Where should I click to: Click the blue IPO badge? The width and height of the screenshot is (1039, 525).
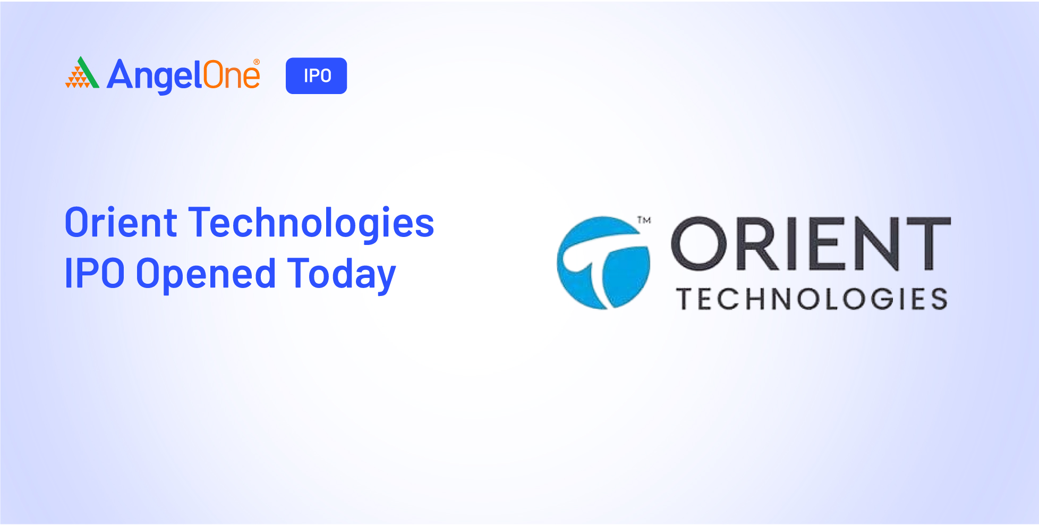click(x=316, y=76)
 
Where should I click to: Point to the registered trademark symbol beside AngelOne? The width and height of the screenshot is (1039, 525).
click(x=257, y=62)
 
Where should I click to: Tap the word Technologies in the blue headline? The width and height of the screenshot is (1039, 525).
click(x=312, y=223)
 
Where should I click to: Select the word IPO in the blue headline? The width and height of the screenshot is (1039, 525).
click(x=95, y=273)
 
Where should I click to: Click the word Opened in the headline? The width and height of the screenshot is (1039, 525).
click(x=206, y=274)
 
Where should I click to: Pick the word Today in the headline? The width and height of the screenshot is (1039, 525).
click(x=342, y=274)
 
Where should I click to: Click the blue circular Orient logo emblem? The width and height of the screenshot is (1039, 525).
click(x=603, y=262)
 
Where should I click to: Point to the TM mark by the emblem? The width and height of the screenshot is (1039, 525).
click(x=644, y=220)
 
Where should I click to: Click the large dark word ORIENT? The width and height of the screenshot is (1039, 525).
click(x=811, y=243)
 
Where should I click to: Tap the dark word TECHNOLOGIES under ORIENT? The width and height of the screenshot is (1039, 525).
click(x=812, y=299)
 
